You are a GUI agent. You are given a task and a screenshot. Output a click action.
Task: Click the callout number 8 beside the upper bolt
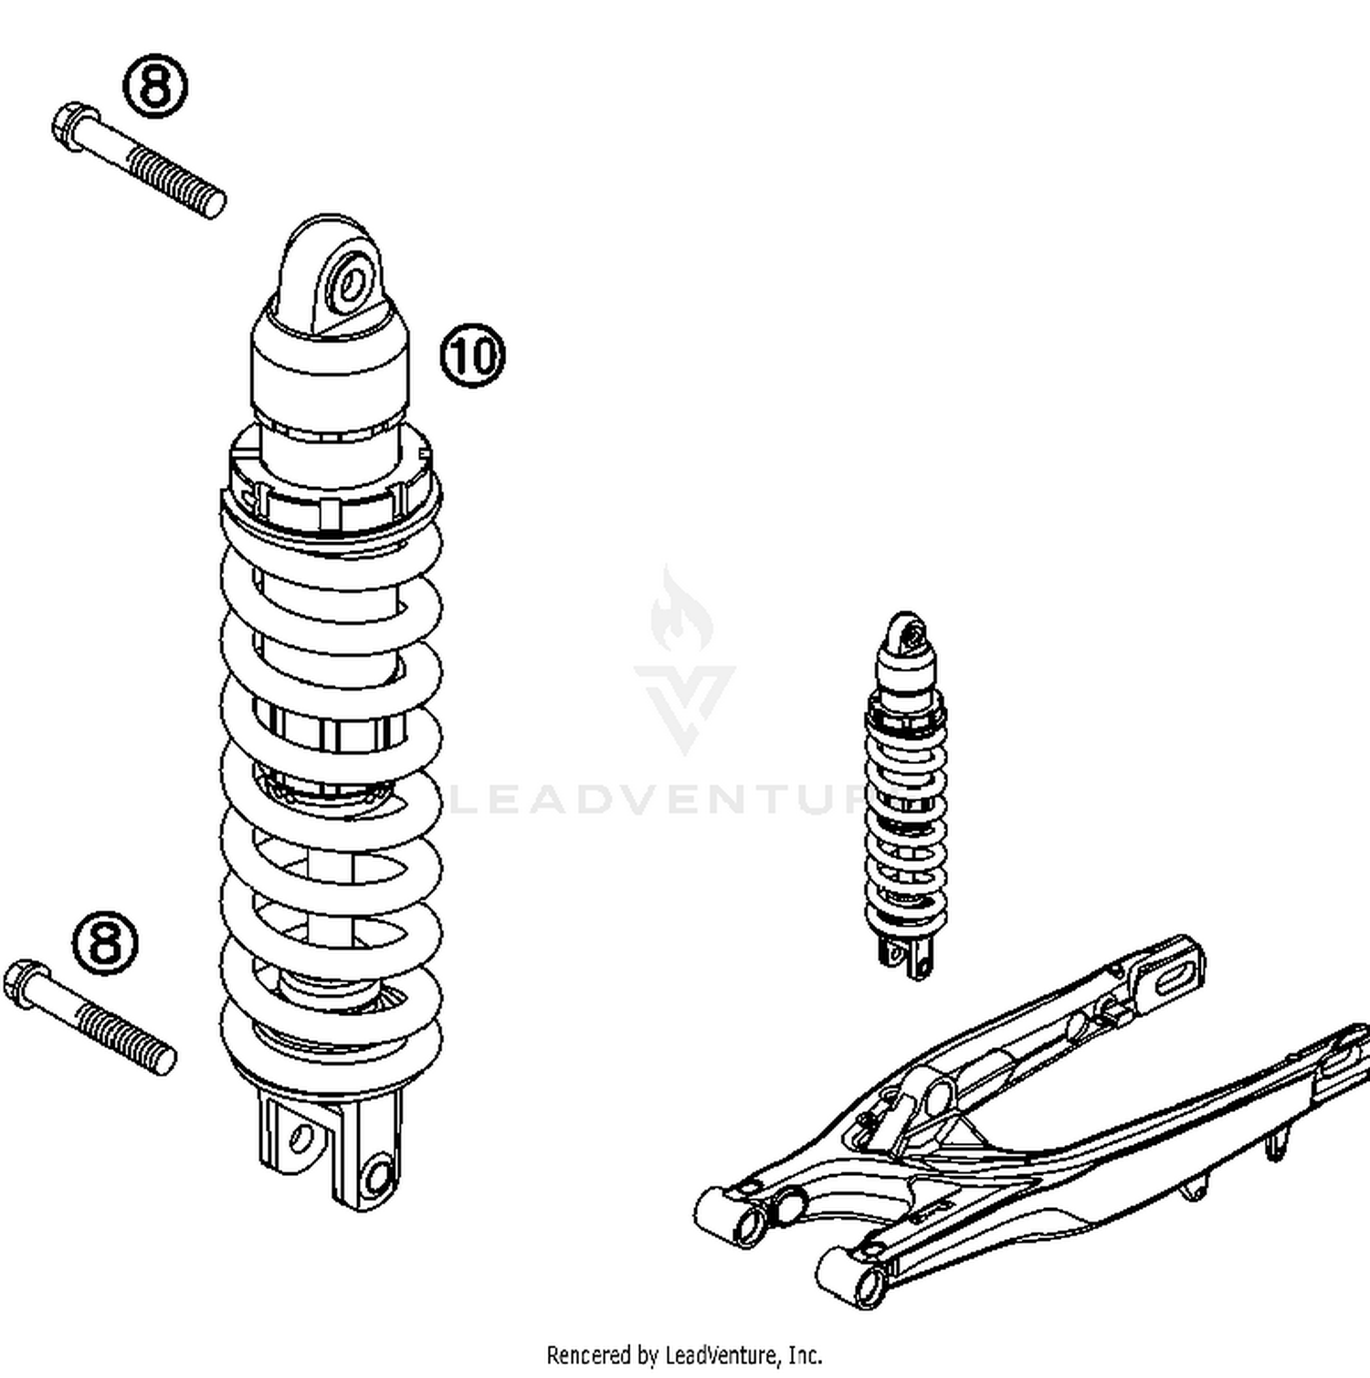(155, 86)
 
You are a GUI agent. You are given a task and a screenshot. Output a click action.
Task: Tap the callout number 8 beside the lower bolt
(106, 941)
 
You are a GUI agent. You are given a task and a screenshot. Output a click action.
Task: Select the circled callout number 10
(472, 355)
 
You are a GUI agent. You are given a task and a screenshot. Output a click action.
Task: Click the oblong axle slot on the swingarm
(1170, 979)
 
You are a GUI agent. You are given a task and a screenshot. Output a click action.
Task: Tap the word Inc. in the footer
(804, 1354)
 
